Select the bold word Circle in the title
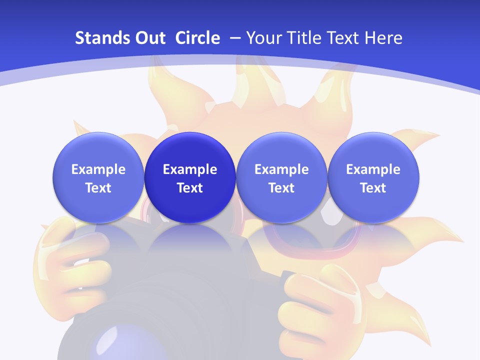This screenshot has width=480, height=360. click(x=197, y=38)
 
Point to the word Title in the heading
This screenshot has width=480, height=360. click(x=300, y=38)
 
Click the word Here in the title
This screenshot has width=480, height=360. click(x=384, y=38)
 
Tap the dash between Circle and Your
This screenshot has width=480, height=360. click(x=234, y=38)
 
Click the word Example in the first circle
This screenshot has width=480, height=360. click(x=98, y=169)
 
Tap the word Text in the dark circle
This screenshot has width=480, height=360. click(x=190, y=188)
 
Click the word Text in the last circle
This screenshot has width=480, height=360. click(x=373, y=188)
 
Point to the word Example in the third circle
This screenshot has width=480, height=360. click(x=281, y=169)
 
